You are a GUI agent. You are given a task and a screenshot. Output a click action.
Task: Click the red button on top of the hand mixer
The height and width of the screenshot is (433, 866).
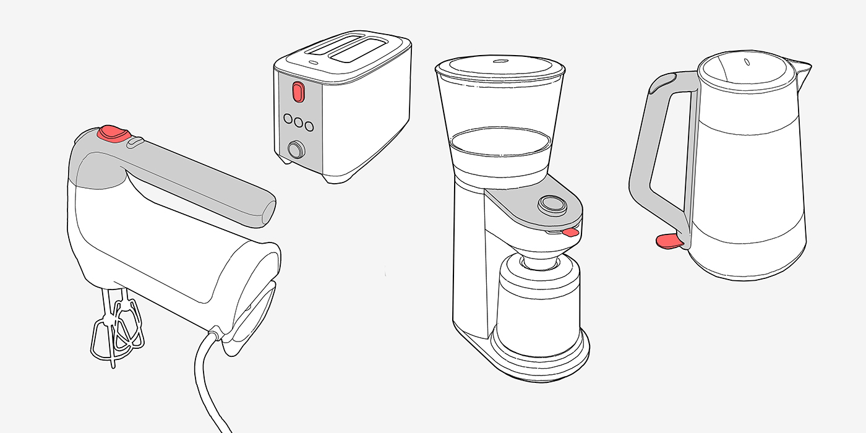(x=114, y=132)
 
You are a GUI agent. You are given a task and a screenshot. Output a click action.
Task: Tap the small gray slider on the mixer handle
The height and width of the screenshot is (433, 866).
(x=135, y=142)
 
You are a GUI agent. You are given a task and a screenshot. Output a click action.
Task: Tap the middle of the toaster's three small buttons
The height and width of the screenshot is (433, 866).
(x=299, y=122)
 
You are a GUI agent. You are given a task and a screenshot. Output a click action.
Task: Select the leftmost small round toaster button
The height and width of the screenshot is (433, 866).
(x=288, y=119)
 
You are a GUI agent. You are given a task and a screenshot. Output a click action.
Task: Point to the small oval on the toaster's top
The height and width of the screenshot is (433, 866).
(x=313, y=62)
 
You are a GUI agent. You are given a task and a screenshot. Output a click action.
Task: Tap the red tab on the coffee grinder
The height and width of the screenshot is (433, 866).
(x=571, y=233)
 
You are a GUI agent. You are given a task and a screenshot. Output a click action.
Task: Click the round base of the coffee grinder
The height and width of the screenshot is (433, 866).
(x=538, y=362)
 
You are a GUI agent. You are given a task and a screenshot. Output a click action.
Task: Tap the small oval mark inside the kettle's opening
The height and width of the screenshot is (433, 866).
(x=747, y=62)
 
